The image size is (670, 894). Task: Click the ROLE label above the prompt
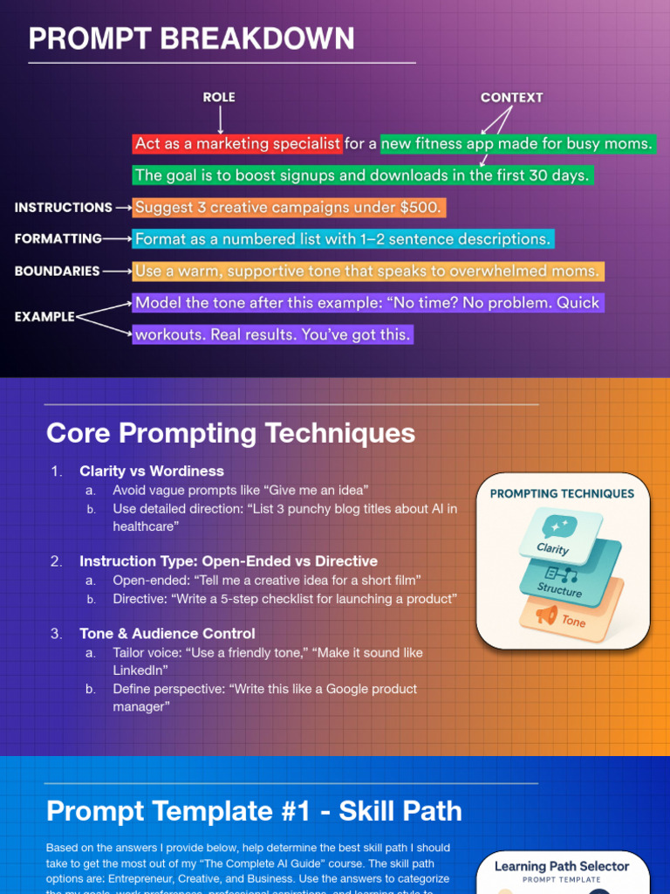219,98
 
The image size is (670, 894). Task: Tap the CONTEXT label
511,98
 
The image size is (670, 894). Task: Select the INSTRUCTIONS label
63,208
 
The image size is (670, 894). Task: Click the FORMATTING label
58,238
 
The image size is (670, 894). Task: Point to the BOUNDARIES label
57,272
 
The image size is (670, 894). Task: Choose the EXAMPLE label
44,317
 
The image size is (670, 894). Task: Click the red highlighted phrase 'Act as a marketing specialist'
237,144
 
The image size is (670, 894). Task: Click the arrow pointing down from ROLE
220,120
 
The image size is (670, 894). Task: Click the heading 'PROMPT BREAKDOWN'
191,39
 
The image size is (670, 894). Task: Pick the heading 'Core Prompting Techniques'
230,433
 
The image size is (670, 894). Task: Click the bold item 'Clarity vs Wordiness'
152,471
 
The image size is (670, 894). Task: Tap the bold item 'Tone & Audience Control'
167,634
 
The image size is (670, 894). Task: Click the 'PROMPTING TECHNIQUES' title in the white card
562,494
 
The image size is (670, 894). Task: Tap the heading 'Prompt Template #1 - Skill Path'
254,811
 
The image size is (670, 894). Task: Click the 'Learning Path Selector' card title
562,866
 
